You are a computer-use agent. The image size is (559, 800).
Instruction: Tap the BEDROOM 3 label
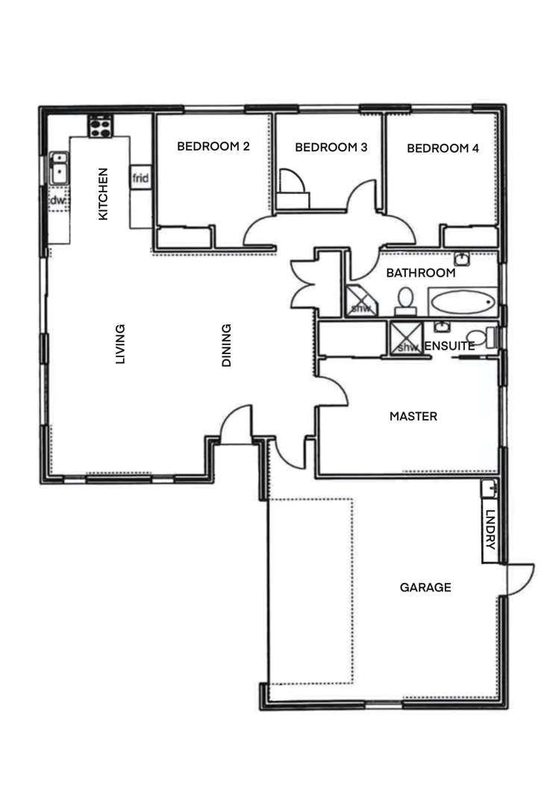[x=331, y=148]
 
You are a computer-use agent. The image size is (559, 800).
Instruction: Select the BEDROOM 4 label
[x=443, y=148]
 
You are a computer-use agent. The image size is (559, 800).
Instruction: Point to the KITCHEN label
[x=104, y=193]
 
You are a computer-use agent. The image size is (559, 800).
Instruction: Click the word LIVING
[x=120, y=344]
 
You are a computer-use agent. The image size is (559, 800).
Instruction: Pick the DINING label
[x=227, y=344]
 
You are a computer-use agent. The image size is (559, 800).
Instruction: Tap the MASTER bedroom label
[x=413, y=416]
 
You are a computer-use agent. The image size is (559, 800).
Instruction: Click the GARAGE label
[x=425, y=588]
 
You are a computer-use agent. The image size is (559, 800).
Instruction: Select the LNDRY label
[x=490, y=530]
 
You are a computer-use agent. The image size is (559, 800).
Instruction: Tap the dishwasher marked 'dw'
[x=58, y=201]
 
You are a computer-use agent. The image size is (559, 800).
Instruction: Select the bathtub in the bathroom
[x=463, y=303]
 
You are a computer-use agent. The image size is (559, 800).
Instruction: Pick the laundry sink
[x=490, y=489]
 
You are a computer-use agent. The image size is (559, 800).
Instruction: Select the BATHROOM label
[x=420, y=274]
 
